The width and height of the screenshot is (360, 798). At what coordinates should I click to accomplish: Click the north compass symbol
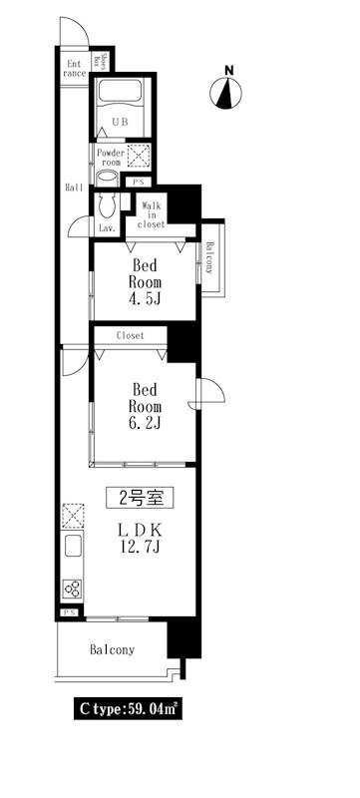click(225, 93)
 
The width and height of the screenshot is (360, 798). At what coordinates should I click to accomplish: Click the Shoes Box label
click(103, 60)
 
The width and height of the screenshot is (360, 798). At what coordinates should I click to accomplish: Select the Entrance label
click(75, 68)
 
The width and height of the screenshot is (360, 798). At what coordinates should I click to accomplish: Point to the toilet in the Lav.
click(108, 205)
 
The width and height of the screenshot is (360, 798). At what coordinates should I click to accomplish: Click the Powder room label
click(110, 158)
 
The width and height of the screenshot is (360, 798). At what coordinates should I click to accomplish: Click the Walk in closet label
click(152, 214)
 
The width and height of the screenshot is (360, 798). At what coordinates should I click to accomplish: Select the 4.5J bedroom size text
click(145, 298)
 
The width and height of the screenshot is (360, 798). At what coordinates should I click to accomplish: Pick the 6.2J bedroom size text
click(145, 422)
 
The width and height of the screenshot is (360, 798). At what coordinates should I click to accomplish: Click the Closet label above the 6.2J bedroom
click(131, 335)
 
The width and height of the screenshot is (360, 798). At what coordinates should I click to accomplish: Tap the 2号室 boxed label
click(140, 498)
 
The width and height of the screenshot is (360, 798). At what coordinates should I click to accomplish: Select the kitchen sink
click(73, 546)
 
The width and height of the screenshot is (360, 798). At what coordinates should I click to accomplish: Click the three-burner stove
click(72, 589)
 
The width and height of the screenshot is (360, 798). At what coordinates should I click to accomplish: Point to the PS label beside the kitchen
click(70, 612)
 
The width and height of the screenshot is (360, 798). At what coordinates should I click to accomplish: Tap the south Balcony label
click(113, 650)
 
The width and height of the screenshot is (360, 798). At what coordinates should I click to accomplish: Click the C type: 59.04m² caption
click(128, 709)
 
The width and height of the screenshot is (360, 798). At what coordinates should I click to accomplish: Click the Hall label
click(74, 188)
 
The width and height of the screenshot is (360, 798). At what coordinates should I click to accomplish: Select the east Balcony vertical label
click(209, 258)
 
